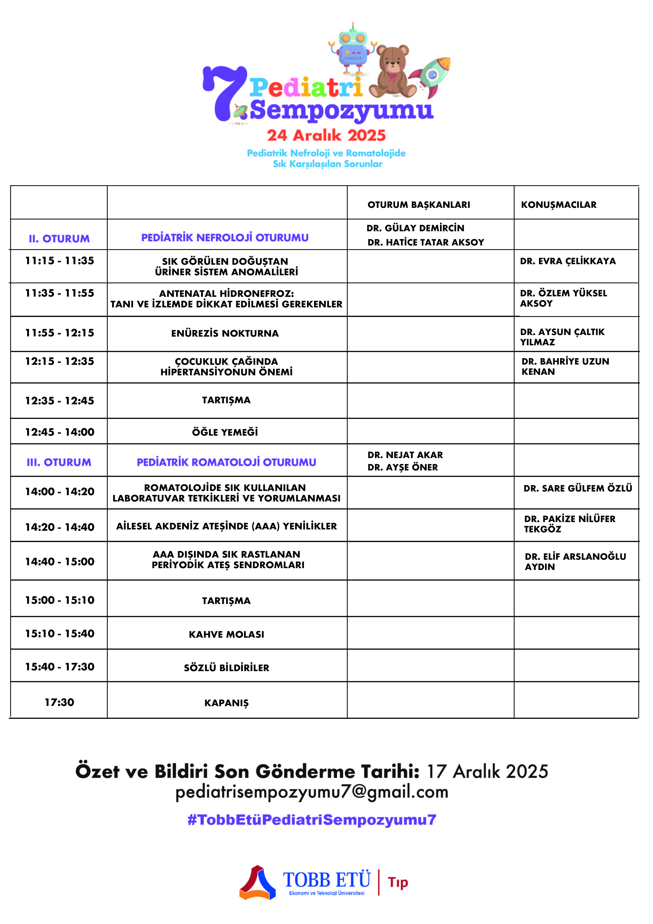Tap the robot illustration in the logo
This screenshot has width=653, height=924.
point(353,49)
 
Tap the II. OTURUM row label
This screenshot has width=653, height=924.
point(59,239)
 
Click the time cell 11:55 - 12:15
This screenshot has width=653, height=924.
point(60,333)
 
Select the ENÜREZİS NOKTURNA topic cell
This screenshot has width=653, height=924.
point(225,333)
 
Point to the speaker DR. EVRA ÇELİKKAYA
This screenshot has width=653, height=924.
point(568,261)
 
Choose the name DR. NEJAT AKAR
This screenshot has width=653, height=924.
point(405,455)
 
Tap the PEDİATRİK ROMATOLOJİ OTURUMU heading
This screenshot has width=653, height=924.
point(226,462)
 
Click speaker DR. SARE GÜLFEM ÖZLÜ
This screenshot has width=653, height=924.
point(578,488)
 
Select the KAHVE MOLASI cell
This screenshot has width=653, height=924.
point(226,634)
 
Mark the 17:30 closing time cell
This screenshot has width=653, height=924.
point(60,702)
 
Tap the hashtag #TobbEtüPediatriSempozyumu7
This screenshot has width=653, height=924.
point(312,820)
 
